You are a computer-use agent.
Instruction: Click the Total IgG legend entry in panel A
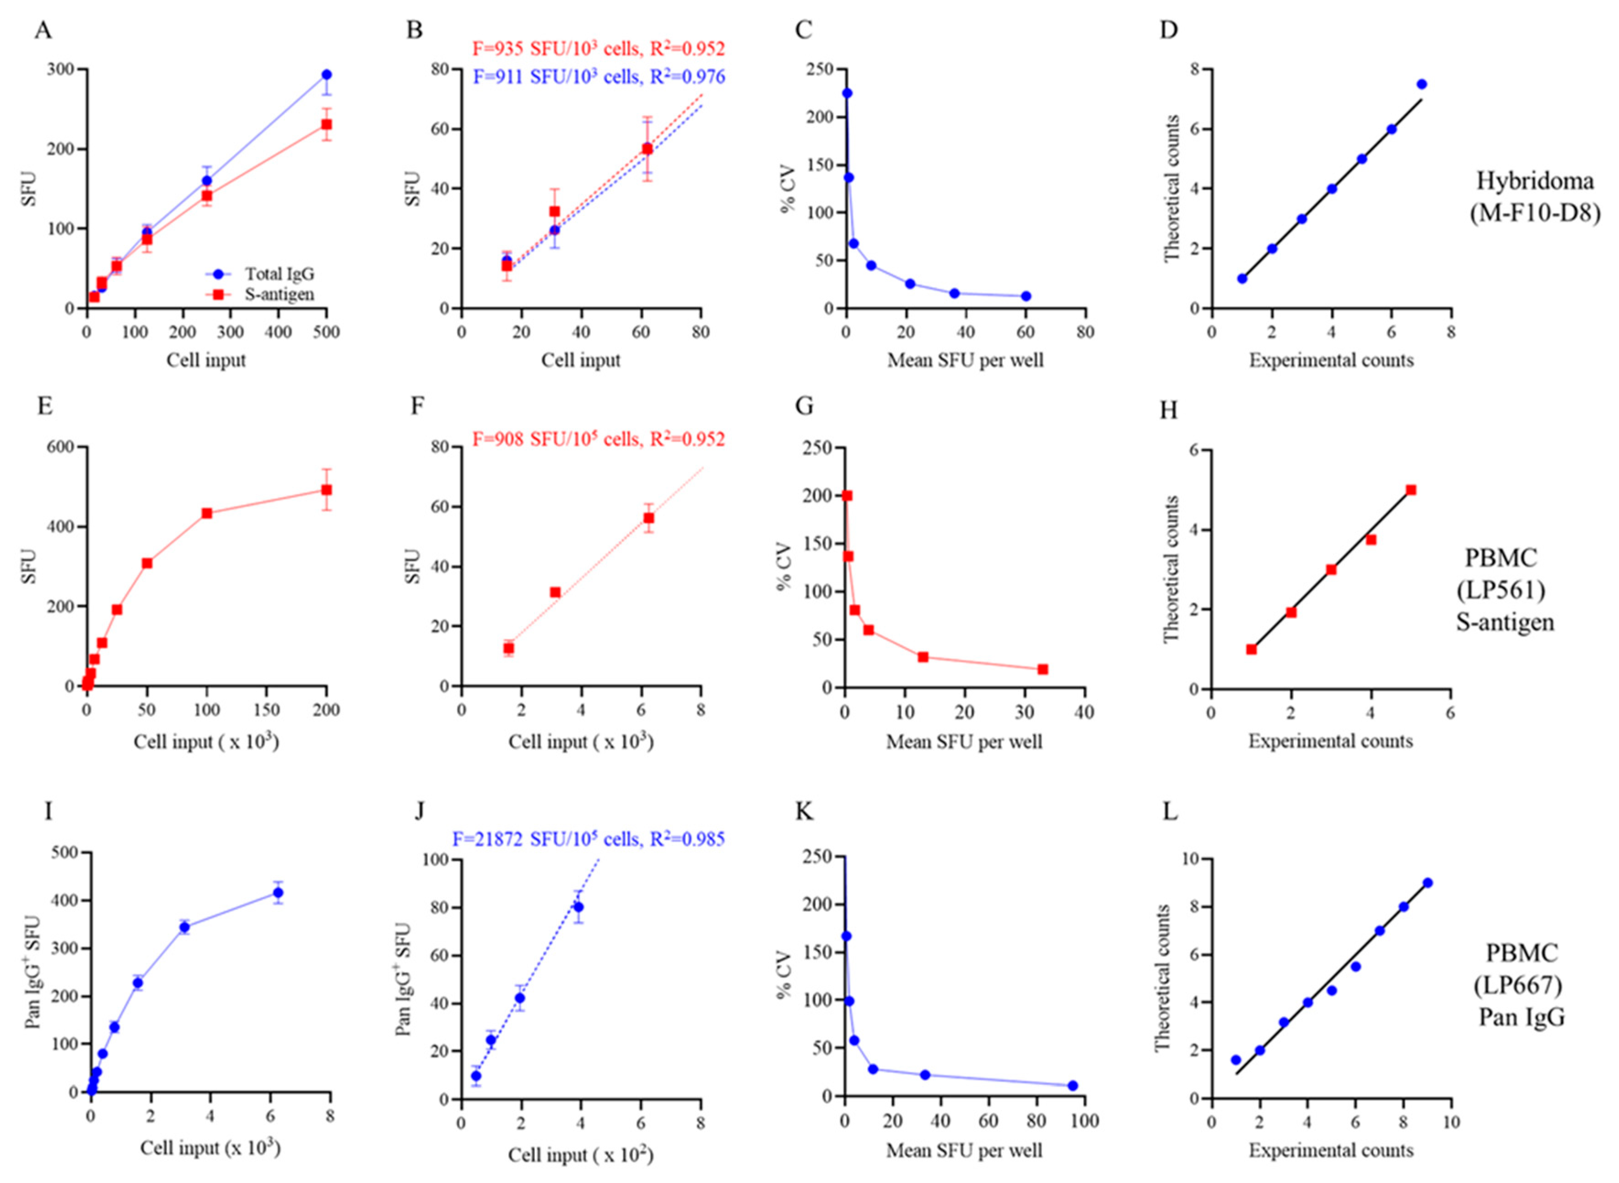click(279, 274)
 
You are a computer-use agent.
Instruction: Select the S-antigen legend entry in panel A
click(279, 294)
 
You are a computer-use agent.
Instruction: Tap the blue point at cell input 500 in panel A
click(326, 75)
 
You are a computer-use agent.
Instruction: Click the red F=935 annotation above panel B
click(598, 49)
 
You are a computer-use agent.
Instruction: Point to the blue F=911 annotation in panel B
click(598, 76)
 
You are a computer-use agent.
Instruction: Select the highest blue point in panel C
click(847, 93)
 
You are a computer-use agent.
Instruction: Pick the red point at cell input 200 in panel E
click(326, 490)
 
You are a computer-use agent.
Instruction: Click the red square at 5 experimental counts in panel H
click(1411, 490)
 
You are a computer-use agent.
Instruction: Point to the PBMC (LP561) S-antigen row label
click(1505, 589)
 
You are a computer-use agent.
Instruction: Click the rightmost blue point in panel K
click(1072, 1085)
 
